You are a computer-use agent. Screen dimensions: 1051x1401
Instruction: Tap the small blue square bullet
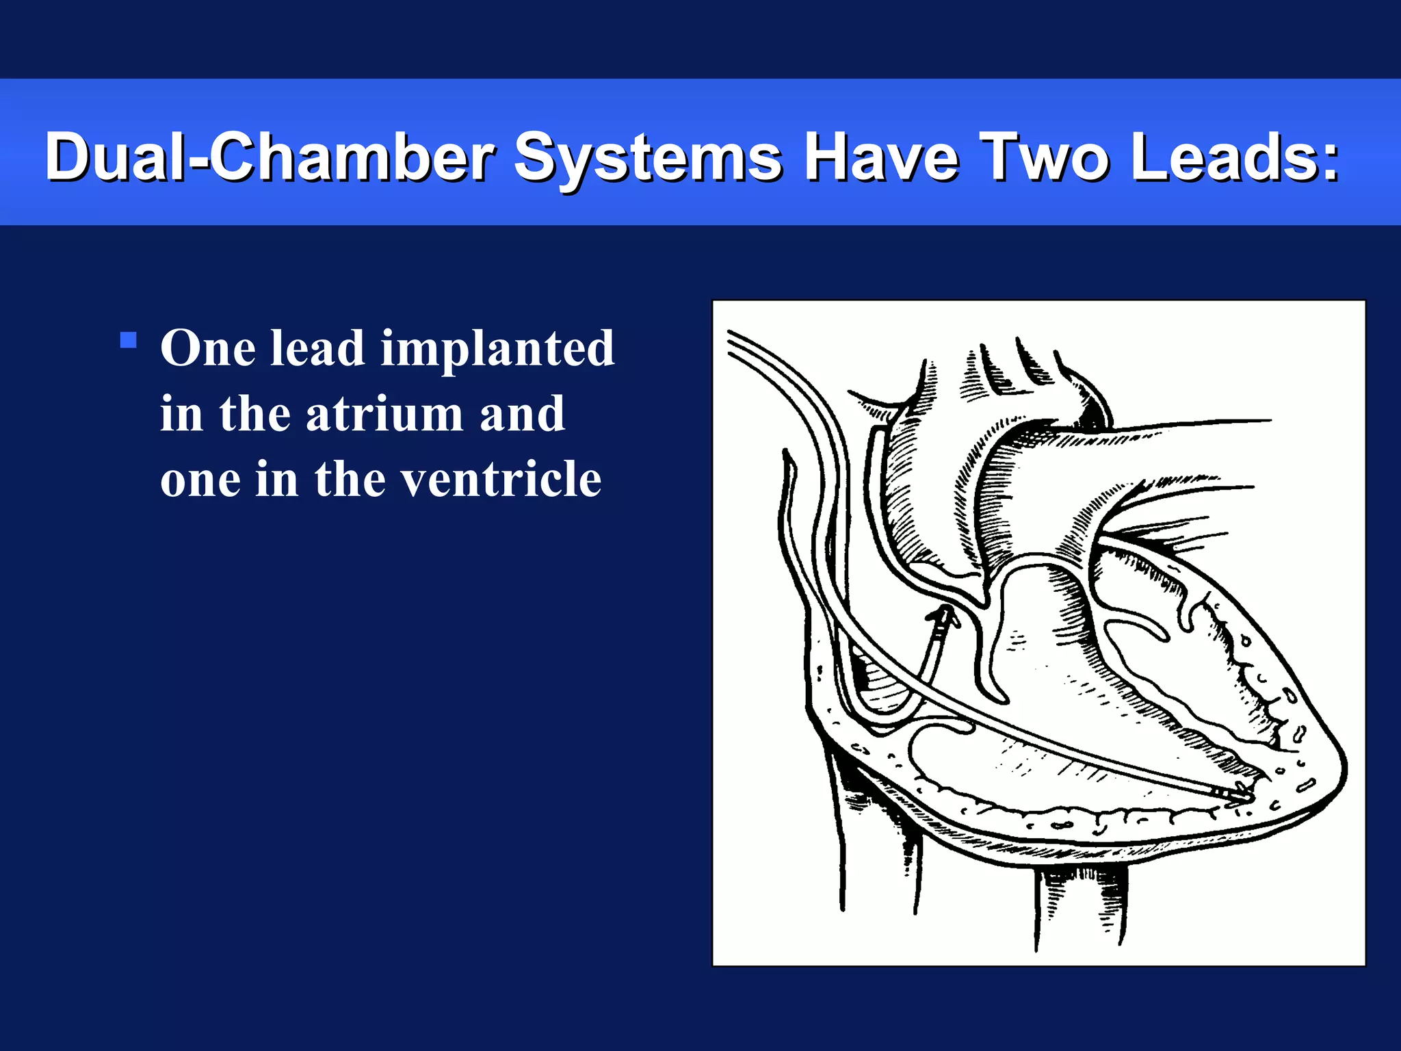(128, 340)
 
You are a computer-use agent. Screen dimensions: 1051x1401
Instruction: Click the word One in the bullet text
(208, 348)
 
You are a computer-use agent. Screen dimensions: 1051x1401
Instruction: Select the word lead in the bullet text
(317, 348)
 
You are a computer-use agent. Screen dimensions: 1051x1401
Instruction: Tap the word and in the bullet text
(522, 414)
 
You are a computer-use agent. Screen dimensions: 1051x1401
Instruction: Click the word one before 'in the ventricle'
(200, 480)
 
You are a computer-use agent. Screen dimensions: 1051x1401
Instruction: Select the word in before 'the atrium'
(181, 414)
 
